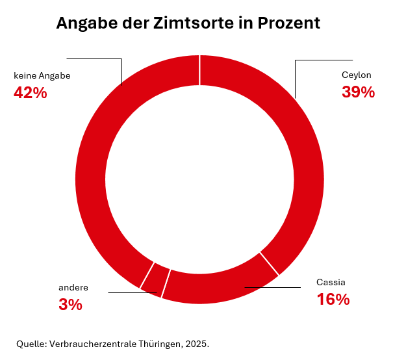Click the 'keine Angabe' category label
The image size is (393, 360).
click(x=42, y=75)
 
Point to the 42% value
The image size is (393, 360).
click(x=30, y=93)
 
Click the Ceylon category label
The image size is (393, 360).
click(x=357, y=75)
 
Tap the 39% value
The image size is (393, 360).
click(x=358, y=93)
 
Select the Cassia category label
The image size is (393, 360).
click(x=331, y=282)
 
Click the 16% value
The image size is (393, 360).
click(x=333, y=300)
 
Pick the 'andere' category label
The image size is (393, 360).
click(x=73, y=287)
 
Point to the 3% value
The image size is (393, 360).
click(x=71, y=304)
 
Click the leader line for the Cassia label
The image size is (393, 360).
click(x=273, y=287)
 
